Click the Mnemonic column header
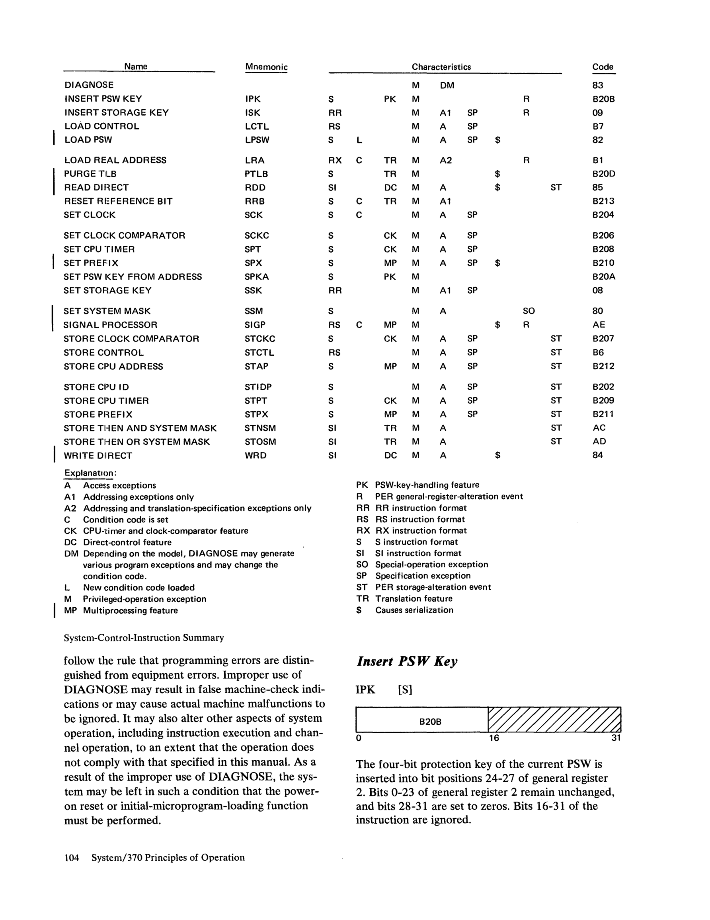tap(266, 67)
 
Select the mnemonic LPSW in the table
tap(257, 140)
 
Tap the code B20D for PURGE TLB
tap(603, 174)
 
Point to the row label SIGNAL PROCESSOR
tap(110, 325)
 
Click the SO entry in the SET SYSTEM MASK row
tap(528, 311)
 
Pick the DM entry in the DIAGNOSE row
tap(447, 86)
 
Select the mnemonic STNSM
tap(260, 428)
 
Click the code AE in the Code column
tap(599, 325)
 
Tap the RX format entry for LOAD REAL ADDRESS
tap(335, 161)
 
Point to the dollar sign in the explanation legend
tap(359, 610)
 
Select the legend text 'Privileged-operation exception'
tap(144, 599)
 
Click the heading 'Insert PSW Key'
tap(407, 661)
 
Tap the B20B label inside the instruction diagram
tap(430, 722)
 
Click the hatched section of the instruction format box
tap(554, 720)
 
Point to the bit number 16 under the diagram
tap(493, 738)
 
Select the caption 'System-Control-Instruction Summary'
tap(144, 638)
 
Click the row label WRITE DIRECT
tap(98, 456)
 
